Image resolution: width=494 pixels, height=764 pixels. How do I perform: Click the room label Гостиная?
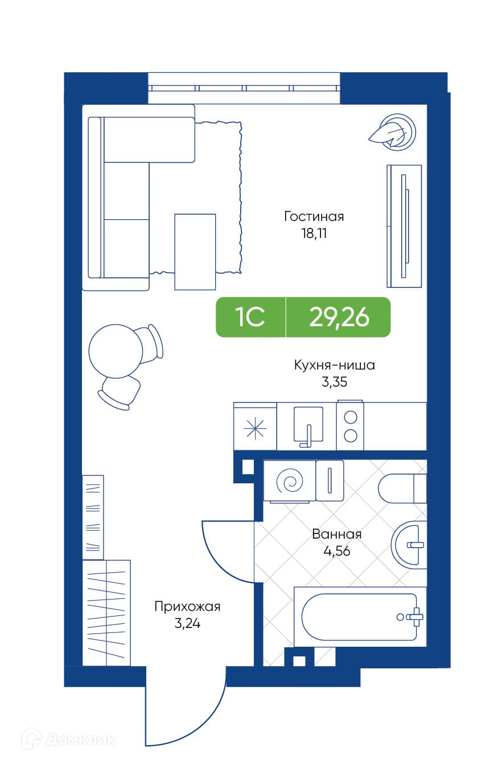[x=314, y=216]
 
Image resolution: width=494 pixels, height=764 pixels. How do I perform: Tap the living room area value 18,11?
[x=314, y=233]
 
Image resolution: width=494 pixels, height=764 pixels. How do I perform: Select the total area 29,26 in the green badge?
[x=339, y=317]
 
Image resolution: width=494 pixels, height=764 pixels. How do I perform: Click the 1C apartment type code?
[x=250, y=317]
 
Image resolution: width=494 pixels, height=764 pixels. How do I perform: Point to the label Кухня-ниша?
[x=335, y=365]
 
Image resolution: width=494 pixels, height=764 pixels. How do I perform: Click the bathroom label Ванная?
[x=336, y=534]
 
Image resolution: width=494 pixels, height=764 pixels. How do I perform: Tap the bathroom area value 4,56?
[x=336, y=551]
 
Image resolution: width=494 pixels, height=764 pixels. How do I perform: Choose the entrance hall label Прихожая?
[x=187, y=607]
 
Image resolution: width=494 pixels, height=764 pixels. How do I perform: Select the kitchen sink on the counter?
[x=308, y=426]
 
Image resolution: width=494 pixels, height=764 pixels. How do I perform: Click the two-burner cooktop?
[x=350, y=426]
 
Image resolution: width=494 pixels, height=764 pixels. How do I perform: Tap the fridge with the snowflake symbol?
[x=255, y=426]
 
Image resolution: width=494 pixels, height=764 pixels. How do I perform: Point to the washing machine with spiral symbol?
[x=290, y=482]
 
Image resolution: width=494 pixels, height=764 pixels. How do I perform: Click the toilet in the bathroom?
[x=402, y=488]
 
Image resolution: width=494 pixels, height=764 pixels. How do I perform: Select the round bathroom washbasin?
[x=409, y=545]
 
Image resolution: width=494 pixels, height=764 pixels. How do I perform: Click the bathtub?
[x=360, y=617]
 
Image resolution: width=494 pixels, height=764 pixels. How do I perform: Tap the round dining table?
[x=115, y=351]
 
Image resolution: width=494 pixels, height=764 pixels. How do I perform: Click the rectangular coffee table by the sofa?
[x=195, y=252]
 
